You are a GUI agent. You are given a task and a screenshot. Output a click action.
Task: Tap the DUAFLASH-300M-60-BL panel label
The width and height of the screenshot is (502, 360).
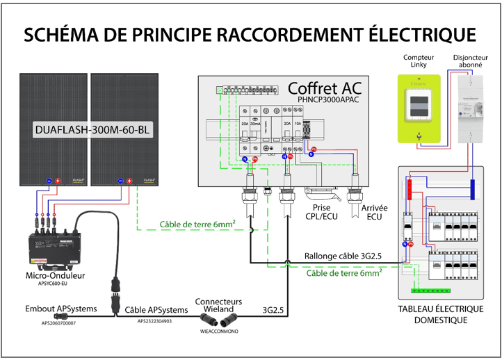pos(92,129)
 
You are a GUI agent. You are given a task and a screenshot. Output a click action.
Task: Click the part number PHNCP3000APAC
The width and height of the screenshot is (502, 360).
pos(330,100)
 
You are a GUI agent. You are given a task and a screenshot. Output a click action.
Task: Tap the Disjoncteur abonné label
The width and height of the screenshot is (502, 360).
pos(467,61)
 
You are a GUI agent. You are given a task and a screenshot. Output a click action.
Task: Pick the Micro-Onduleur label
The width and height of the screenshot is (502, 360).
pos(54,277)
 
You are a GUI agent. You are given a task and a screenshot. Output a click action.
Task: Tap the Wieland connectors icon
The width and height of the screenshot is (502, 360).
pos(218,319)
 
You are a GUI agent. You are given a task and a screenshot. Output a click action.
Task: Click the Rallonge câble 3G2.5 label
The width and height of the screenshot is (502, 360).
pos(343,256)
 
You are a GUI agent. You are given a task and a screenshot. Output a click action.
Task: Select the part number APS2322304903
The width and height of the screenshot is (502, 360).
pos(154,321)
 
